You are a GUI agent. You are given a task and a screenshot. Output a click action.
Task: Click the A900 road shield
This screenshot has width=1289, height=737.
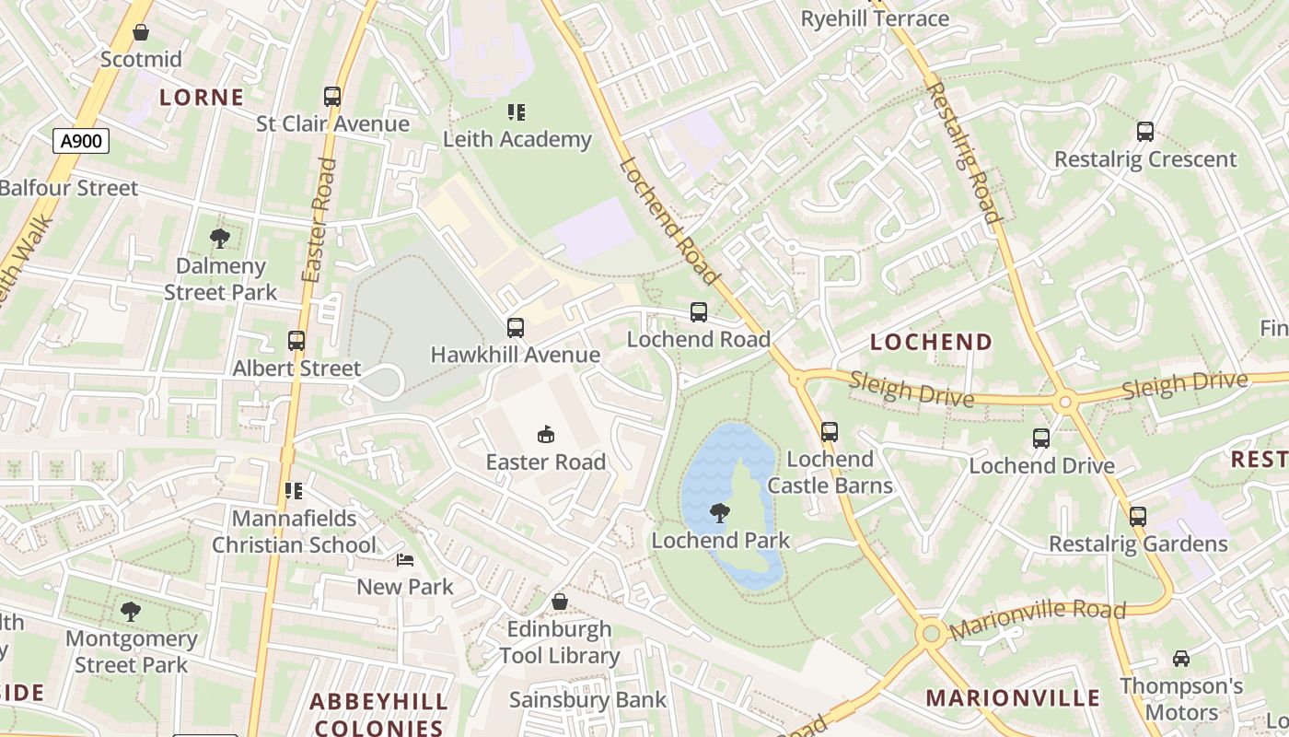coord(81,141)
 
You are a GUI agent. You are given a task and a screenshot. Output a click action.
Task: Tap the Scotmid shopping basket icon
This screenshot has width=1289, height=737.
coord(141,33)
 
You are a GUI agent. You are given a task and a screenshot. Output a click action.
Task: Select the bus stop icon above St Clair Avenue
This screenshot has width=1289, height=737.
coord(331,96)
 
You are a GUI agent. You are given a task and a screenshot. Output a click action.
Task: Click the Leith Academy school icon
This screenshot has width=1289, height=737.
coord(517,112)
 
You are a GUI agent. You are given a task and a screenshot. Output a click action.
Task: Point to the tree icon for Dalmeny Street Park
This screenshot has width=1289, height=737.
coord(220,239)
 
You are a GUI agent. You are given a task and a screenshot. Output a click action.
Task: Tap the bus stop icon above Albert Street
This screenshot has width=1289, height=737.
coord(296,341)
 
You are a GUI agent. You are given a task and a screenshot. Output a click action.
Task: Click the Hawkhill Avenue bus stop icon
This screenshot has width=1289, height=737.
coord(515,328)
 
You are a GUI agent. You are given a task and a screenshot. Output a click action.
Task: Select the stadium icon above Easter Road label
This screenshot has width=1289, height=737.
coord(546,434)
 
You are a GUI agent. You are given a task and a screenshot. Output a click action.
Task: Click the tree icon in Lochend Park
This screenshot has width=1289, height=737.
coord(720,513)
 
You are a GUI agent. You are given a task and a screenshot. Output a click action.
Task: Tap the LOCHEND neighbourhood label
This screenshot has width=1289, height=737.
coord(931,343)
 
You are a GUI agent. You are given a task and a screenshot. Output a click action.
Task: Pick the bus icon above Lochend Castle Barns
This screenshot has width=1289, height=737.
coord(829,431)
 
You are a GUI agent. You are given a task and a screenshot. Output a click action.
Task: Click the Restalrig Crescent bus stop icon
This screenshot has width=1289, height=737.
coord(1144,132)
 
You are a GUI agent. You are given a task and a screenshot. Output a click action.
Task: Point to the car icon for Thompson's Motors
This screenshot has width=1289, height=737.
coord(1180,658)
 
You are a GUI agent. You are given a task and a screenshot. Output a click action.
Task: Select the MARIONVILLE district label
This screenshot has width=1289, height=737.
coord(1013,697)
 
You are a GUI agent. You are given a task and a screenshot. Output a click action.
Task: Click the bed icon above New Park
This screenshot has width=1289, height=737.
coord(404,559)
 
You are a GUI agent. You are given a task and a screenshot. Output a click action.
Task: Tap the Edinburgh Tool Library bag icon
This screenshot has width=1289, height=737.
coord(559,602)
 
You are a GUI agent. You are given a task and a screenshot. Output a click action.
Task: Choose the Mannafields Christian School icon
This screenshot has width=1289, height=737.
coord(294,491)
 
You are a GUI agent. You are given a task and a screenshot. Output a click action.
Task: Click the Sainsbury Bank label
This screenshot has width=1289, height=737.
coord(587,700)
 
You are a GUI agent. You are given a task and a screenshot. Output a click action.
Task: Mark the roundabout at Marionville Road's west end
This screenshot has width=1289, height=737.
coord(931,633)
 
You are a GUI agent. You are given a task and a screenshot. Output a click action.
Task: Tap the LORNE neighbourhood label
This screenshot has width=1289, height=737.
coord(202,98)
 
